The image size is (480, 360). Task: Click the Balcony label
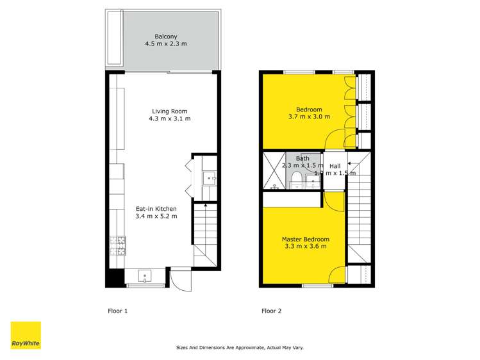(165, 36)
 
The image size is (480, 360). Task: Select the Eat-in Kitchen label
(156, 208)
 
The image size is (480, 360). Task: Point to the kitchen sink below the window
(145, 277)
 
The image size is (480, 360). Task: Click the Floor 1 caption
(117, 311)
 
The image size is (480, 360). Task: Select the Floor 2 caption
(271, 311)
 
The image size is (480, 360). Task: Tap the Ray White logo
(26, 336)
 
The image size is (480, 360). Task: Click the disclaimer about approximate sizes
(240, 348)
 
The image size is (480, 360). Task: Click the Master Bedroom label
(304, 240)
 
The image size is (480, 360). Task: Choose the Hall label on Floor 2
(335, 165)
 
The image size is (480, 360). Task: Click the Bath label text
(302, 158)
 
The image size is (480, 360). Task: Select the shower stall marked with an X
(274, 171)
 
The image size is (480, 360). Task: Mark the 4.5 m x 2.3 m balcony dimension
(165, 44)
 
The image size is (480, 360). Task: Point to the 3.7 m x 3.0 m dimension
(309, 117)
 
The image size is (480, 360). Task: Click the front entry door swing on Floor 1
(179, 279)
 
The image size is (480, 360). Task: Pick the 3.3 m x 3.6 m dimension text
(304, 247)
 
